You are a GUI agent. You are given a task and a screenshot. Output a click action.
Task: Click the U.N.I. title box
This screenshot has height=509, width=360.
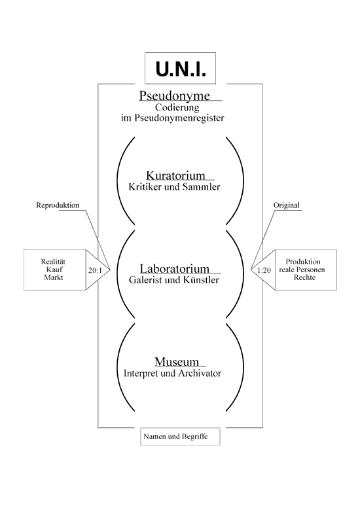pyautogui.click(x=180, y=68)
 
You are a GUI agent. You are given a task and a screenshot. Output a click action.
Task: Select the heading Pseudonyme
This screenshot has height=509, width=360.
pyautogui.click(x=175, y=96)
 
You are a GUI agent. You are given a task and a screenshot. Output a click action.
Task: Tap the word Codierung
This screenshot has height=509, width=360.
pyautogui.click(x=177, y=107)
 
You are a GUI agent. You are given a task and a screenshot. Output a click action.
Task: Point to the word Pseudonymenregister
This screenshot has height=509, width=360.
pyautogui.click(x=179, y=118)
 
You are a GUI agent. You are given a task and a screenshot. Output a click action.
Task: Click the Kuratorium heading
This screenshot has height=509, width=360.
pyautogui.click(x=176, y=175)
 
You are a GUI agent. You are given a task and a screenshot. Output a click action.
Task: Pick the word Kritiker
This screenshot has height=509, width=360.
pyautogui.click(x=145, y=186)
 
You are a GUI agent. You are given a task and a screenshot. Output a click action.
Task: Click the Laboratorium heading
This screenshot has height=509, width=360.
pyautogui.click(x=175, y=268)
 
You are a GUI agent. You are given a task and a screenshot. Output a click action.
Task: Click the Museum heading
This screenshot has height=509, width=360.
pyautogui.click(x=177, y=362)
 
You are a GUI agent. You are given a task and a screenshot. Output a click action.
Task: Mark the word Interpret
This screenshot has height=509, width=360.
pyautogui.click(x=141, y=374)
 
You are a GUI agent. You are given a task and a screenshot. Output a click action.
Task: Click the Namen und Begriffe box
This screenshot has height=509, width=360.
pyautogui.click(x=180, y=436)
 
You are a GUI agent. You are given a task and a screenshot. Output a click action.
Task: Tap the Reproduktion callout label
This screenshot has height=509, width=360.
pyautogui.click(x=58, y=205)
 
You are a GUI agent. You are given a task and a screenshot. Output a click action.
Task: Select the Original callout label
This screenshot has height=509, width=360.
pyautogui.click(x=286, y=205)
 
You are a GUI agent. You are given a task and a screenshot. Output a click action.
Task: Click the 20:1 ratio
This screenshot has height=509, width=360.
pyautogui.click(x=95, y=270)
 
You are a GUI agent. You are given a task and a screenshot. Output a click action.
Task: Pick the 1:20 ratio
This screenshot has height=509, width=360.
pyautogui.click(x=264, y=270)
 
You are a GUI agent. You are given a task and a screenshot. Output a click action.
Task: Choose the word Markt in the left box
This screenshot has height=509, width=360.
pyautogui.click(x=54, y=277)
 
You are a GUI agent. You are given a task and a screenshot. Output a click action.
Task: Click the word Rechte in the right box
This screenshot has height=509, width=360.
pyautogui.click(x=304, y=277)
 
